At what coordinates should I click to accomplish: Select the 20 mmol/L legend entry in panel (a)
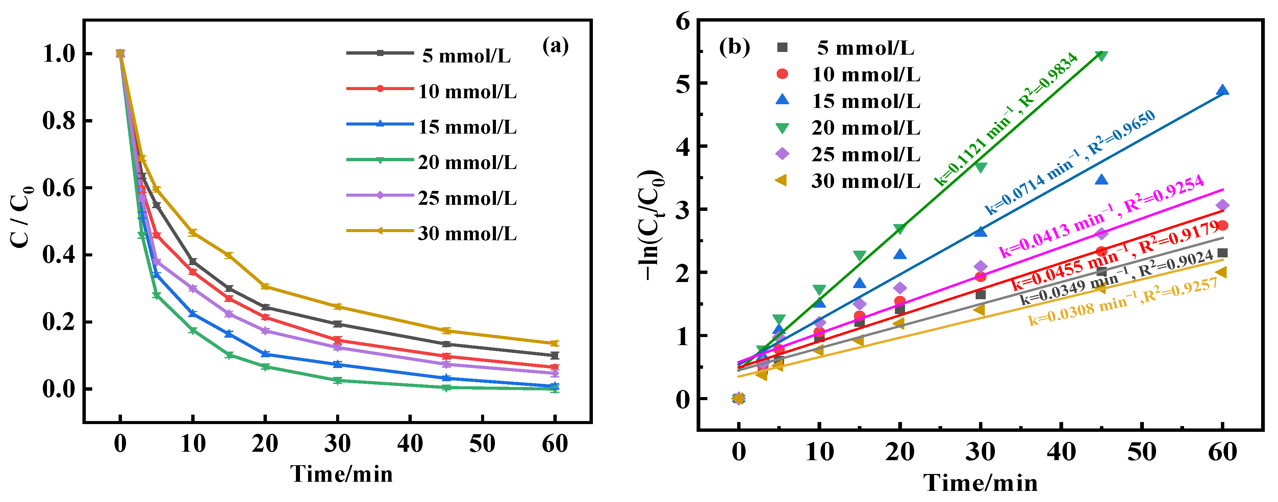click(x=466, y=163)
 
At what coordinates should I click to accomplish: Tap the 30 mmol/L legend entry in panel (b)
click(x=866, y=181)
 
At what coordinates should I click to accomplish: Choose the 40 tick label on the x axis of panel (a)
click(x=410, y=444)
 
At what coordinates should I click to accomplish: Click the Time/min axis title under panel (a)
click(x=341, y=474)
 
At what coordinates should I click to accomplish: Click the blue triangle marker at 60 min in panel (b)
click(x=1223, y=90)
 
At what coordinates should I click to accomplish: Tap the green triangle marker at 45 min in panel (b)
click(x=1101, y=56)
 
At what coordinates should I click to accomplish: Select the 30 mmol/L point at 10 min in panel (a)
click(x=193, y=232)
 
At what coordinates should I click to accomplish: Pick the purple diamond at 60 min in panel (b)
click(x=1223, y=205)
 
